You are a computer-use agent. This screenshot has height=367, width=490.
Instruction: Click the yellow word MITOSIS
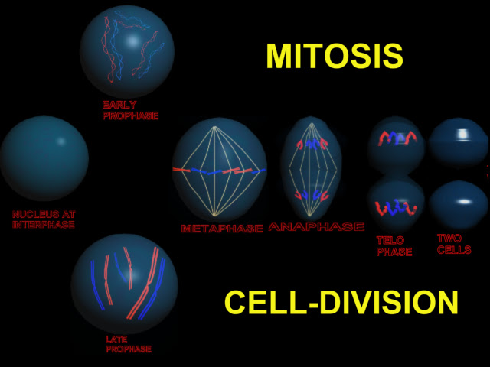click(x=335, y=56)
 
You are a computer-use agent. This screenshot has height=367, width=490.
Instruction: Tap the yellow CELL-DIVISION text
click(x=341, y=303)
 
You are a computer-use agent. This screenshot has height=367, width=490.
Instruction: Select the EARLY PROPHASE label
click(x=130, y=110)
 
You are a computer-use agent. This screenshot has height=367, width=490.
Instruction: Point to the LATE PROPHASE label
click(x=129, y=344)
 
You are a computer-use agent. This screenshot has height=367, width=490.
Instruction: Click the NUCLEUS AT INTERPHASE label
click(x=44, y=219)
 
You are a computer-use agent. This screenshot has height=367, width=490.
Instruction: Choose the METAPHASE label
click(x=222, y=229)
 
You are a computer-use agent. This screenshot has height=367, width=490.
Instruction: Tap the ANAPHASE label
click(x=316, y=227)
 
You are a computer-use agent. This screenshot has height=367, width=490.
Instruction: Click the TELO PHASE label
click(x=394, y=246)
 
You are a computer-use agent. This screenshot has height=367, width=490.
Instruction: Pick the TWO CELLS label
click(x=454, y=244)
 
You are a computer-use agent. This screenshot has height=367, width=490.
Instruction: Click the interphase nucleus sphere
click(x=44, y=158)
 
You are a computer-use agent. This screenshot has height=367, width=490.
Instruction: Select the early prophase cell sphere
click(x=126, y=51)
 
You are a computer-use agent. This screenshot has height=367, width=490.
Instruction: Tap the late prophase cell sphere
click(x=124, y=284)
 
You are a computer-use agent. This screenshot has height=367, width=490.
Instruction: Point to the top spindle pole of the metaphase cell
click(x=214, y=126)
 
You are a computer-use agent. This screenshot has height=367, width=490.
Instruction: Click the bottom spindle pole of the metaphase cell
click(x=214, y=216)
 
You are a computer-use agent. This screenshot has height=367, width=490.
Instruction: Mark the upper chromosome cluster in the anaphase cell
click(x=312, y=144)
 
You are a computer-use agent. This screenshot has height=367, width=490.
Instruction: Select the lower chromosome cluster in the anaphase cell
click(x=312, y=195)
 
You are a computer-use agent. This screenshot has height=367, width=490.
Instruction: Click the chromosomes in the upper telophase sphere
click(x=397, y=138)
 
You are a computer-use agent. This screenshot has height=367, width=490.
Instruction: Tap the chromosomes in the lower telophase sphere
click(x=396, y=208)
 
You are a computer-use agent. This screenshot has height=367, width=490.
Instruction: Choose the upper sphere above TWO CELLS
click(x=458, y=143)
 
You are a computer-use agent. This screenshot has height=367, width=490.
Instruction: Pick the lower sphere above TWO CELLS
click(x=459, y=205)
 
